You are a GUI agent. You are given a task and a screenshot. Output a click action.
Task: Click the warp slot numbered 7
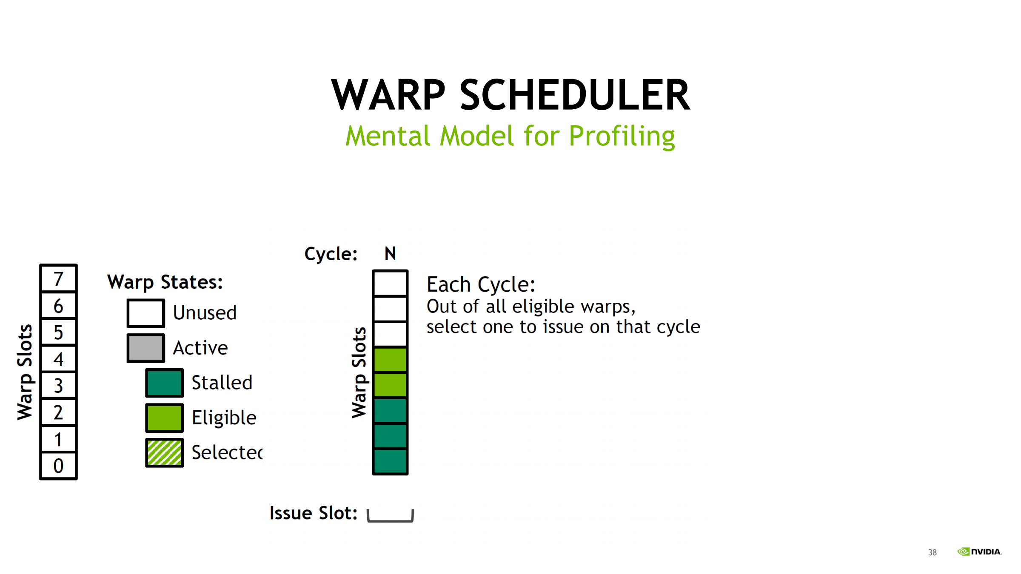pyautogui.click(x=58, y=278)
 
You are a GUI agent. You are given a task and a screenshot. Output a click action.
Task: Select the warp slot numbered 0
pyautogui.click(x=58, y=466)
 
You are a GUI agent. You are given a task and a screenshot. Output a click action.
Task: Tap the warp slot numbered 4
pyautogui.click(x=58, y=359)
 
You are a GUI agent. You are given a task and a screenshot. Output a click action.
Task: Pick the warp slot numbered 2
pyautogui.click(x=58, y=412)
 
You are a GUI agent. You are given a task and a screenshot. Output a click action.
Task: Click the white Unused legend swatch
pyautogui.click(x=145, y=313)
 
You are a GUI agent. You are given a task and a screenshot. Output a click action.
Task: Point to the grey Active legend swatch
pyautogui.click(x=145, y=348)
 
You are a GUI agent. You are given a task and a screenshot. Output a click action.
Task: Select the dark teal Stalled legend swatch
pyautogui.click(x=164, y=383)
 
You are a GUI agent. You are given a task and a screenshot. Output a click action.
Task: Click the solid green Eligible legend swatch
pyautogui.click(x=164, y=418)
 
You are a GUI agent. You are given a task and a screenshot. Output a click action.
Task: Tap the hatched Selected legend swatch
pyautogui.click(x=164, y=452)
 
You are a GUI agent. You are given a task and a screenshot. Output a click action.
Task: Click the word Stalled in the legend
pyautogui.click(x=222, y=382)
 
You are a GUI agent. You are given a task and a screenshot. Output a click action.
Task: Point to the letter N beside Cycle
pyautogui.click(x=390, y=253)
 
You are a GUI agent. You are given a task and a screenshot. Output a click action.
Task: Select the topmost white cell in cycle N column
pyautogui.click(x=390, y=283)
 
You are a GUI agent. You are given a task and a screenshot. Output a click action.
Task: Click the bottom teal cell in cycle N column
pyautogui.click(x=390, y=461)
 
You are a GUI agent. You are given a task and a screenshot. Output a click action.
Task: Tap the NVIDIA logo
pyautogui.click(x=979, y=551)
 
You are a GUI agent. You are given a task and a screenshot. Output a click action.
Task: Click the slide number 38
pyautogui.click(x=933, y=552)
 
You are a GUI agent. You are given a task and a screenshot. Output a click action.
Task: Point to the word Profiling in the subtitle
pyautogui.click(x=622, y=136)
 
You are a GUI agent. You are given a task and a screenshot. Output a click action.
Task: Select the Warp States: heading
pyautogui.click(x=165, y=282)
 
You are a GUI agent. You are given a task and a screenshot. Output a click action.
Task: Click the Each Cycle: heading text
pyautogui.click(x=481, y=284)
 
